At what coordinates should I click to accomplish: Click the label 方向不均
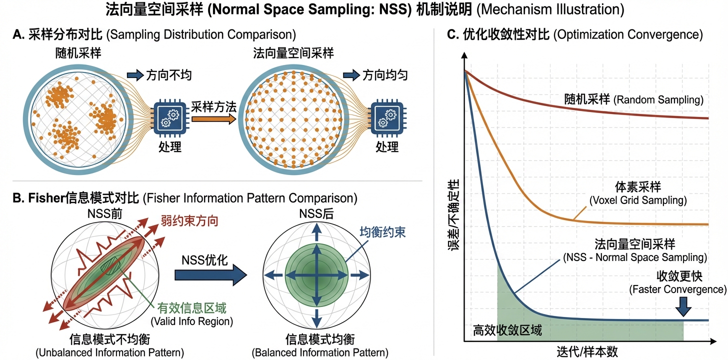pos(168,76)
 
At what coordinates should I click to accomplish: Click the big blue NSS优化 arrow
pos(210,275)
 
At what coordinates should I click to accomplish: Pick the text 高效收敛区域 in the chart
pos(507,330)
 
